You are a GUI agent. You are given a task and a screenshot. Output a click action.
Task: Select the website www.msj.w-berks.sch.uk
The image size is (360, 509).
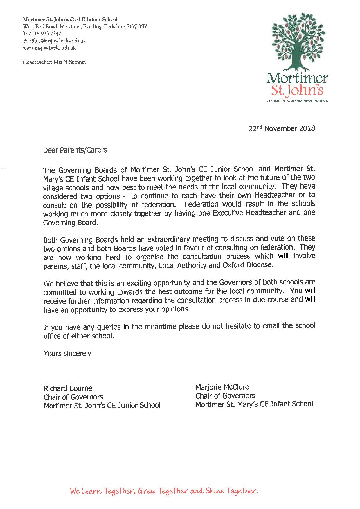point(49,48)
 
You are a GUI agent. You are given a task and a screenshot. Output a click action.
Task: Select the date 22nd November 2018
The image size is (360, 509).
point(282,128)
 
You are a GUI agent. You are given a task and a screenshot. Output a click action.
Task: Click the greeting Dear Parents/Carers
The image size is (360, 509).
point(75,150)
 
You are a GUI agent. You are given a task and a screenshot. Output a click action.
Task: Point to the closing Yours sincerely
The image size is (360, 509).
point(67,354)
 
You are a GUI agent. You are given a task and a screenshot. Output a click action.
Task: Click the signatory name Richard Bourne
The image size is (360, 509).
point(68,388)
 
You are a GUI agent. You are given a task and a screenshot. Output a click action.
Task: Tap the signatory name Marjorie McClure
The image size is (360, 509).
point(222,387)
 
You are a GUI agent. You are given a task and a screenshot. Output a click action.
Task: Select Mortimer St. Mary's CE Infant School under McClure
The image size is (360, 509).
point(254,404)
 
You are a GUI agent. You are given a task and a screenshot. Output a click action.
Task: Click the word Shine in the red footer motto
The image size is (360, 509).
point(215,491)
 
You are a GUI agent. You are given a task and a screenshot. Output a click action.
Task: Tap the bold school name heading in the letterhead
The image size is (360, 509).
point(70,20)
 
